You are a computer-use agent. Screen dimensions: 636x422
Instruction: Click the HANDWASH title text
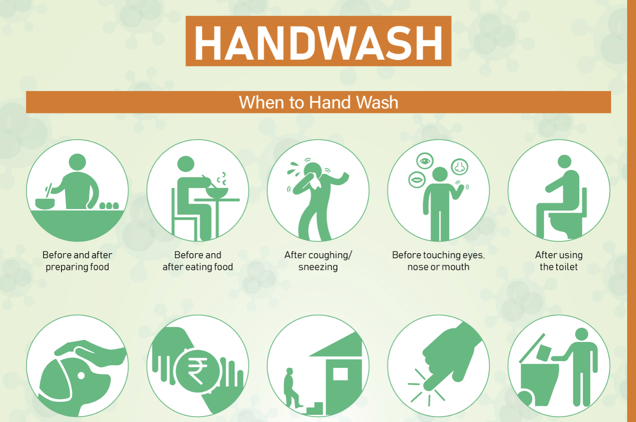318,43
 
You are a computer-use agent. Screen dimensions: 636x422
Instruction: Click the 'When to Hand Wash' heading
318,102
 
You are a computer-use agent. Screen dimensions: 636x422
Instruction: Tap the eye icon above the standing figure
425,161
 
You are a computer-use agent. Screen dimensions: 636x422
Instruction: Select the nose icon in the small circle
459,167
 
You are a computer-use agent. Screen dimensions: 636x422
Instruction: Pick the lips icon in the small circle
417,180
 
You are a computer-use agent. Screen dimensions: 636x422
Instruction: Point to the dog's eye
81,375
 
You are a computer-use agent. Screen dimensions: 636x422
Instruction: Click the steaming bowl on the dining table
217,192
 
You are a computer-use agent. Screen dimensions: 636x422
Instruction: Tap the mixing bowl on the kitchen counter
45,204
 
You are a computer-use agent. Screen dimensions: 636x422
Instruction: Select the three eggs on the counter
109,205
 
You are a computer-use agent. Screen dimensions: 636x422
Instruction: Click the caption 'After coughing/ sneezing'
318,261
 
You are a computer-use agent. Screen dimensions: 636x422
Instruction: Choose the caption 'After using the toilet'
559,261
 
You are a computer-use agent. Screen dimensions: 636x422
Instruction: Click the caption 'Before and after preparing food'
77,261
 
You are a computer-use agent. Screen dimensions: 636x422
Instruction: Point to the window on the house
340,374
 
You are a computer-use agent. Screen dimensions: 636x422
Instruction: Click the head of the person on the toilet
564,162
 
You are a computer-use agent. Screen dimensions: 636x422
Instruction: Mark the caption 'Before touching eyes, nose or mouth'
438,261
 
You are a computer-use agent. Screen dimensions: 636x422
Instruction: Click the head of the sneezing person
312,170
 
